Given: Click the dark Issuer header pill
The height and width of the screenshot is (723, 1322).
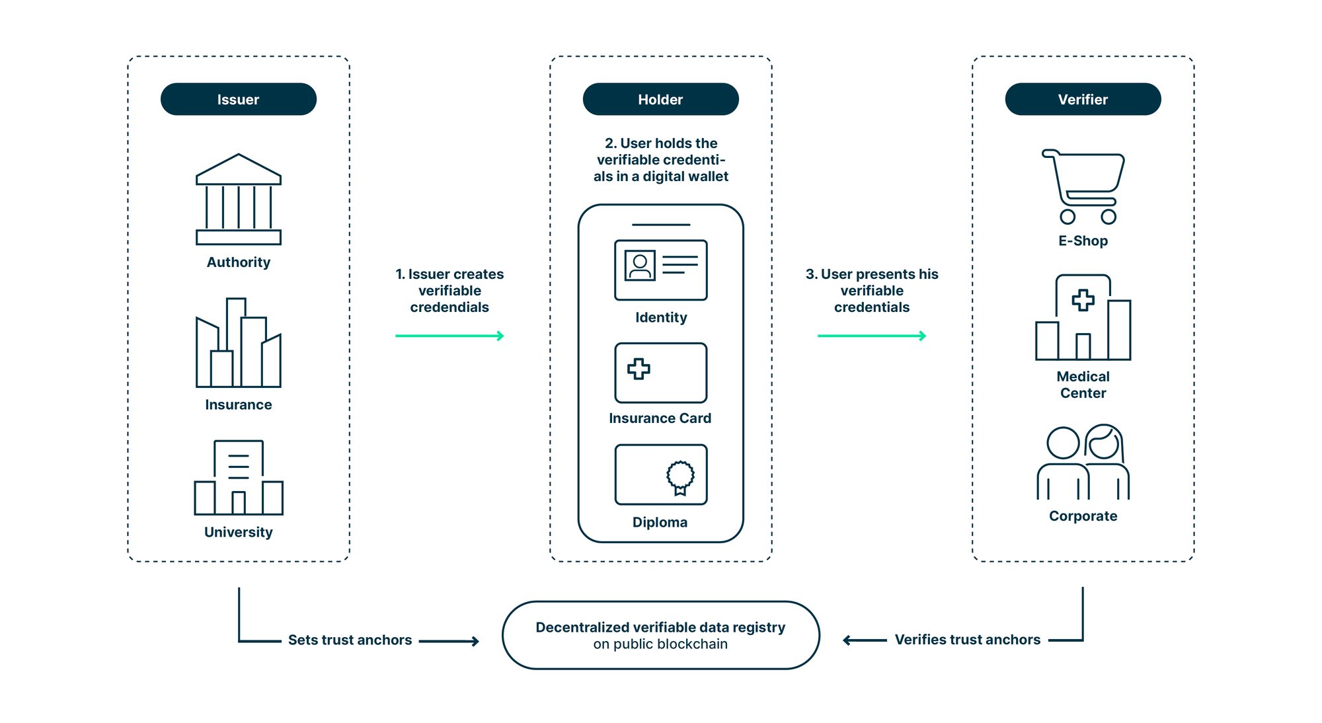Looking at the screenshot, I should click(238, 99).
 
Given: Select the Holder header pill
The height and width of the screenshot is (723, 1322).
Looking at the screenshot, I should click(660, 99).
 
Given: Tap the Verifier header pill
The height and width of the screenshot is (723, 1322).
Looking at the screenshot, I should click(1083, 99).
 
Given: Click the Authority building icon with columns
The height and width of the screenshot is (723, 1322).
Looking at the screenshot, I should click(239, 200).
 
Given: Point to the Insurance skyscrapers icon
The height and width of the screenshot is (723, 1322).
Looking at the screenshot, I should click(239, 344).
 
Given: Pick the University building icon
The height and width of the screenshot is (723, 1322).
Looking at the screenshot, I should click(239, 478).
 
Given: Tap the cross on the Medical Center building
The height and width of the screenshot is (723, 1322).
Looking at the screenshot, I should click(1083, 300).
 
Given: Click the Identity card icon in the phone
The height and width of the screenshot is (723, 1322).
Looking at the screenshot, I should click(660, 270).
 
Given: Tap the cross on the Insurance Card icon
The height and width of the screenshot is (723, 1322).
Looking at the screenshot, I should click(639, 369).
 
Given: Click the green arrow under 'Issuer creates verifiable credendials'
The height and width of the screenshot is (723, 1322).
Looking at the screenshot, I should click(449, 336).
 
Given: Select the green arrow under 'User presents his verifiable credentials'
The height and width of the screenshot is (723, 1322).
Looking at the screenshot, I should click(871, 336).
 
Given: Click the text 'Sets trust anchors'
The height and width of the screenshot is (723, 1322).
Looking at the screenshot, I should click(350, 640).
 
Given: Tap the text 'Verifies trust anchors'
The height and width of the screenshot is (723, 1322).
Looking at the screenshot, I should click(967, 640).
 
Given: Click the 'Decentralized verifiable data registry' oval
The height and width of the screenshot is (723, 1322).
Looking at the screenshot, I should click(660, 635).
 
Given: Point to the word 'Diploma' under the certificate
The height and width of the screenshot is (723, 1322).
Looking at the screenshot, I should click(660, 522).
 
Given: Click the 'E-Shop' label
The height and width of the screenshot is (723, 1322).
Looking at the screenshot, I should click(1083, 241).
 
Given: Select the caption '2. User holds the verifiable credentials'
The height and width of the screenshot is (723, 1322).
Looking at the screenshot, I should click(660, 160).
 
